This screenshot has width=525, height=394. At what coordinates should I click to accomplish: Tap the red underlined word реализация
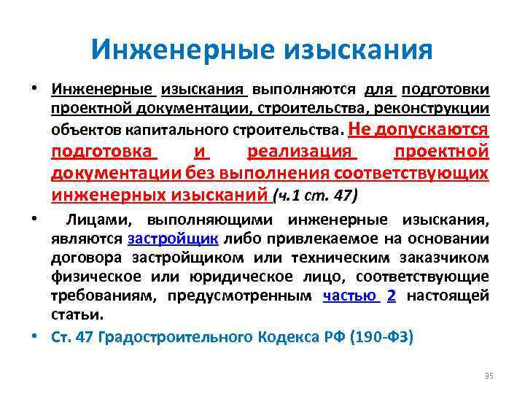tap(301, 152)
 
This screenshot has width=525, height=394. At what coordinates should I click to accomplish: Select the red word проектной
tap(441, 152)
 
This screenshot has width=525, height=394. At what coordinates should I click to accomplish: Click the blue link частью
tap(352, 295)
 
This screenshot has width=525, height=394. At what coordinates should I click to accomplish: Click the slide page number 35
tap(489, 376)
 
